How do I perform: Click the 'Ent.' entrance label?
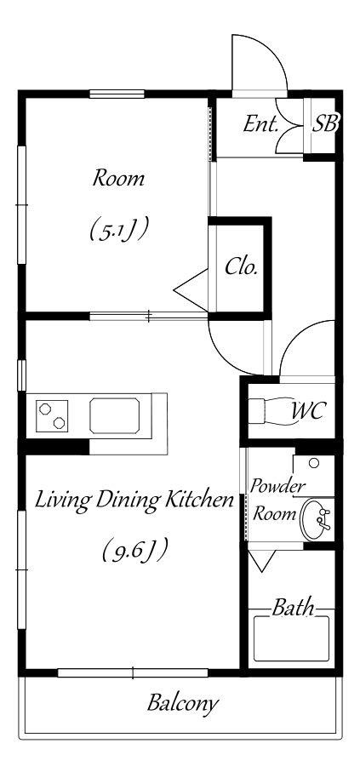[260, 124]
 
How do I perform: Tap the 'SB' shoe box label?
[325, 124]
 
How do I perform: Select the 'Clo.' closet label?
[242, 267]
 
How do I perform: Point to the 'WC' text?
[308, 410]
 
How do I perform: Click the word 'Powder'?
[277, 487]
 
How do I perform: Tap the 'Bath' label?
[293, 608]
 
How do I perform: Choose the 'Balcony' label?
[182, 703]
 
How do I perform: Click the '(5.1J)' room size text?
[119, 230]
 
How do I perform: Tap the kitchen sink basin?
[114, 416]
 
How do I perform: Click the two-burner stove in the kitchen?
[52, 415]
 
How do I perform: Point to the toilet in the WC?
[268, 411]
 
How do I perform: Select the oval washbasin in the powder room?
[315, 519]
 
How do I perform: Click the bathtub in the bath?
[291, 638]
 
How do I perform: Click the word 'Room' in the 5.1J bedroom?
[118, 178]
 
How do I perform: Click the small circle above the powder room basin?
[314, 463]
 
